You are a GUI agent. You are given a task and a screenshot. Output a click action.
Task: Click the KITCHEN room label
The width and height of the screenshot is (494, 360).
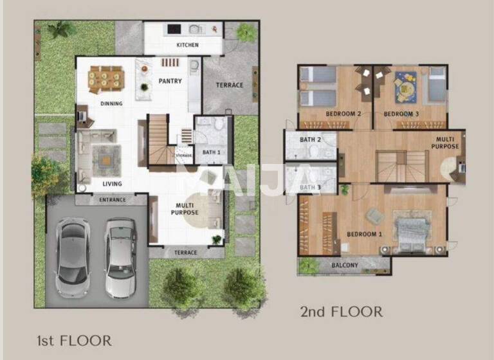[187, 46]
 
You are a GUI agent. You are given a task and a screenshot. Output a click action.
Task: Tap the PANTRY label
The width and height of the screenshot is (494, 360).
[170, 81]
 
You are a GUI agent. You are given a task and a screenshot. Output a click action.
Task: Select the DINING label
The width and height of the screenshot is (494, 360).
[111, 104]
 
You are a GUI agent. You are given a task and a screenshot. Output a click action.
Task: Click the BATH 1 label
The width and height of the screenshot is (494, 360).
[212, 152]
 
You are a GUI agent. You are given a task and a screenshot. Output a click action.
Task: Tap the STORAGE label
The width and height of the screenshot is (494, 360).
[184, 156]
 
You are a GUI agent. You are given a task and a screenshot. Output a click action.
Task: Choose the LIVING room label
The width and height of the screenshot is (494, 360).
[112, 184]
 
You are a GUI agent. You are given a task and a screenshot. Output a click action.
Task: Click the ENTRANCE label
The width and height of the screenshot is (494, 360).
[113, 200]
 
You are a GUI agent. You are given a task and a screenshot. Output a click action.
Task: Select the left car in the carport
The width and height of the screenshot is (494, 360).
[72, 256]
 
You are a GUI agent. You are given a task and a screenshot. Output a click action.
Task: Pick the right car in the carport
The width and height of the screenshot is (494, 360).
[120, 256]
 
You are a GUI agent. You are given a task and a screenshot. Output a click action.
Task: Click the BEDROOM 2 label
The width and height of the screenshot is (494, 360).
[343, 114]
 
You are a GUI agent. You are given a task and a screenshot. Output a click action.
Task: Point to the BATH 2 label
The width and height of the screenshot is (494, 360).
[310, 140]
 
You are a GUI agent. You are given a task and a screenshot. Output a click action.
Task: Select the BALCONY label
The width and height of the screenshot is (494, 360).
[345, 265]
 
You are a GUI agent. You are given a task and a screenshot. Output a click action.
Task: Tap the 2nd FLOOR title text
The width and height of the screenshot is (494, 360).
[341, 312]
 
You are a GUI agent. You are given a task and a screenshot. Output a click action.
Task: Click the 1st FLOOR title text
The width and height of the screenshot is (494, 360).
[74, 341]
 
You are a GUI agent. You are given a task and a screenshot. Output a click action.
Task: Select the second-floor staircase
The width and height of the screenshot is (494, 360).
[394, 166]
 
